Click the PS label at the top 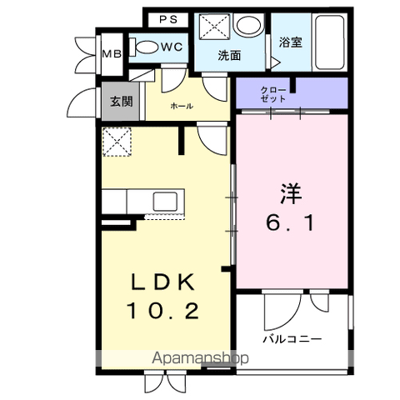pos(168,19)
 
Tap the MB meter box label pos(112,53)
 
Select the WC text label pos(172,47)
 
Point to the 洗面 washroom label pos(229,56)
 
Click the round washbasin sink pos(248,25)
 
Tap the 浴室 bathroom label pos(290,42)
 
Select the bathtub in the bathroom pos(329,42)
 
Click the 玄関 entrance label pos(122,102)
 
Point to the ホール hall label pos(182,106)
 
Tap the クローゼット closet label pos(273,94)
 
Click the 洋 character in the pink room pos(291,193)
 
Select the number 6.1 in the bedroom pos(290,223)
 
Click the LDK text pos(162,282)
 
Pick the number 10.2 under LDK pos(163,311)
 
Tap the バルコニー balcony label pos(292,339)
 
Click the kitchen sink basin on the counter pos(166,201)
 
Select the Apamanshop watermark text pos(200,358)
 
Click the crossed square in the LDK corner pos(117,142)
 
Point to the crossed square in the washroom pos(215,27)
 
